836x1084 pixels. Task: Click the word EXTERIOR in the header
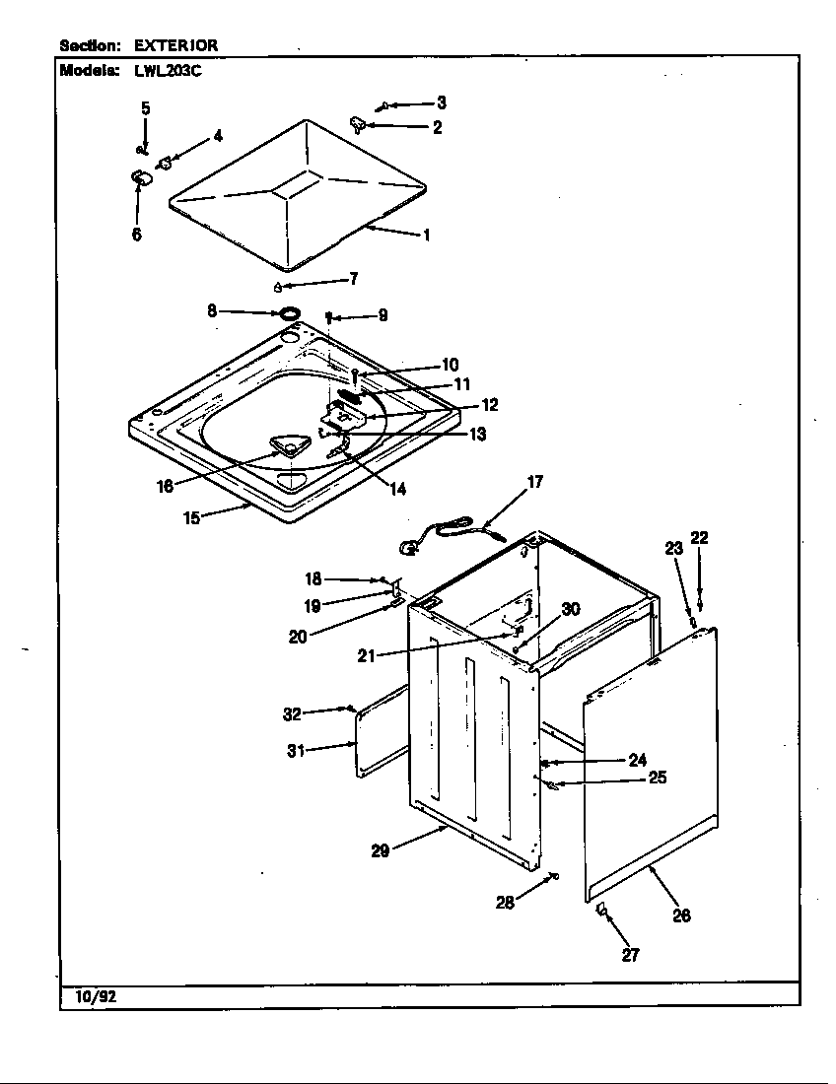coord(175,45)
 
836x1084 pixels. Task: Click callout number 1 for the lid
coord(426,236)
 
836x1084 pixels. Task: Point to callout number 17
coord(534,483)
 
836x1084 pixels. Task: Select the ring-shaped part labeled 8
coord(289,314)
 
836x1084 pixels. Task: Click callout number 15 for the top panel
coord(193,517)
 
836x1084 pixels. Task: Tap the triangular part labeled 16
coord(287,448)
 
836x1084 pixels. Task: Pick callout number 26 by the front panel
coord(680,915)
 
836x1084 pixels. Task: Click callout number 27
coord(631,954)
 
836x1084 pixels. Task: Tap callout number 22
coord(699,538)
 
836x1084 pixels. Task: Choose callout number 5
coord(145,108)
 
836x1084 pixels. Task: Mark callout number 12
coord(489,404)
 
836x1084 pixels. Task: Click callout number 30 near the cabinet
coord(570,609)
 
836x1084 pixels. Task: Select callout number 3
coord(440,102)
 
